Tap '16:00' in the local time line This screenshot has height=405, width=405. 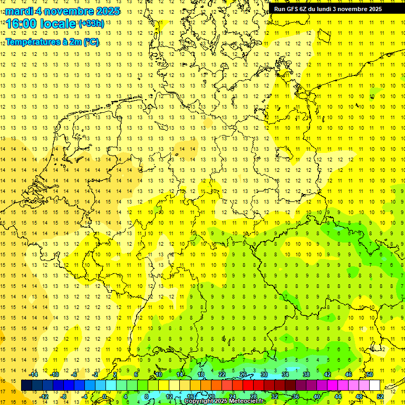(x=23, y=24)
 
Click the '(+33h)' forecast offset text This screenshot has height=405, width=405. (x=91, y=24)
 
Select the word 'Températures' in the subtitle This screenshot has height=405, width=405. (x=31, y=42)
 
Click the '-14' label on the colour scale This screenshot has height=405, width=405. (x=33, y=374)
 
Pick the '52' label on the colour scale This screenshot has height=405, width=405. (x=380, y=396)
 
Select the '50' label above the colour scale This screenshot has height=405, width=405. (x=370, y=374)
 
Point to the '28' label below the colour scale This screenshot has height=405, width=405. (x=254, y=396)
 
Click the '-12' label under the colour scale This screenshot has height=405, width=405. (x=44, y=396)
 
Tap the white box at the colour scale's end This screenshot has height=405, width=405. (x=375, y=385)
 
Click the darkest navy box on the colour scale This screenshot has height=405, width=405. (x=27, y=385)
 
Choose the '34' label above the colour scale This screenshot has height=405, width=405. (x=285, y=374)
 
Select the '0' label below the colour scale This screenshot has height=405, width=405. (x=104, y=396)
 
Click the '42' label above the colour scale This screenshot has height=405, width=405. (x=327, y=374)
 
